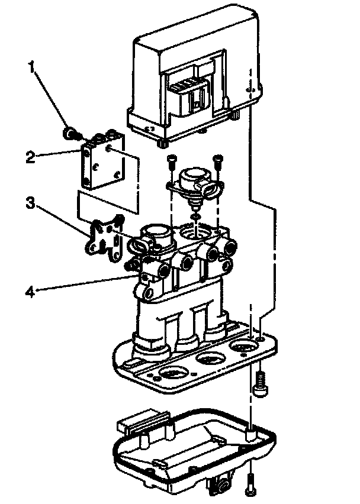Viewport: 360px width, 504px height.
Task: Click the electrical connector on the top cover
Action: tap(189, 94)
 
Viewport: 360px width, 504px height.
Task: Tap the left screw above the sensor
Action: tap(171, 159)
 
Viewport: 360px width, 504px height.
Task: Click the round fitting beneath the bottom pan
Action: tap(222, 485)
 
